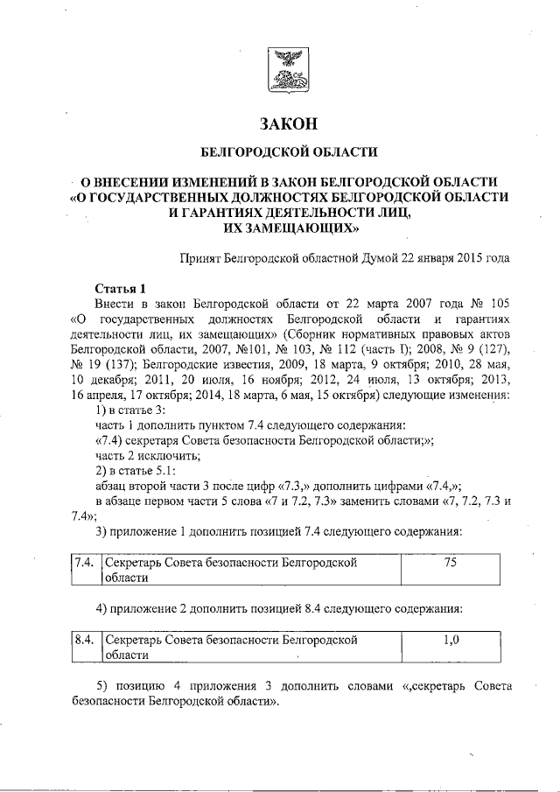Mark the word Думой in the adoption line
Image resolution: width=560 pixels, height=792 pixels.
pos(362,258)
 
